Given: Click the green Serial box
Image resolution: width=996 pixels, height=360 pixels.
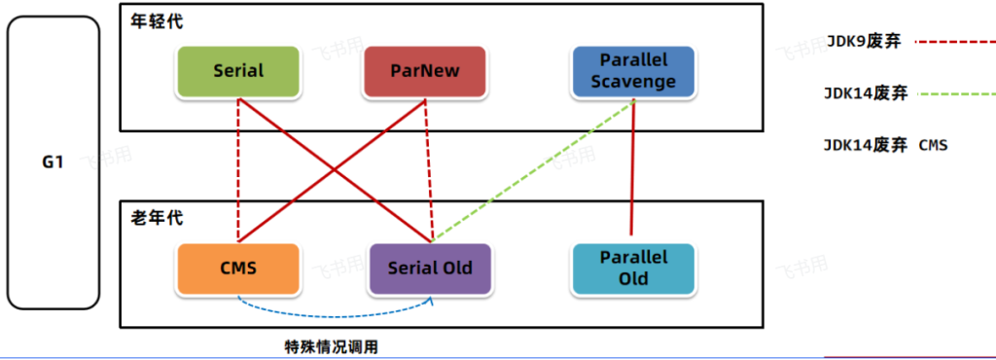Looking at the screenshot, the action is (x=238, y=71).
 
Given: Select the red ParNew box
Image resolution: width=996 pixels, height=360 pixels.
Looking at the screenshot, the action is (x=425, y=71).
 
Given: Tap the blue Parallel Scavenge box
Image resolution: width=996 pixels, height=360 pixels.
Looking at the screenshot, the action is (x=634, y=71).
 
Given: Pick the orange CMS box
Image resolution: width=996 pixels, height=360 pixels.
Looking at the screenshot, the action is (x=238, y=269).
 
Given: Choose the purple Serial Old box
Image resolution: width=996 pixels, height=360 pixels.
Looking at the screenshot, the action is (x=430, y=269).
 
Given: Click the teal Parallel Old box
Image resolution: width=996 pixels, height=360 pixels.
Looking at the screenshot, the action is (x=634, y=269).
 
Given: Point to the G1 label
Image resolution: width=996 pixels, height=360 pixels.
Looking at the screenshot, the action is (x=53, y=162).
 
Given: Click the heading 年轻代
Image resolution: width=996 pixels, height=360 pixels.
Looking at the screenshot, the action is (x=157, y=21).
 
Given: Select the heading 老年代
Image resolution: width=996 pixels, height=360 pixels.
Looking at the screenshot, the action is (x=157, y=218).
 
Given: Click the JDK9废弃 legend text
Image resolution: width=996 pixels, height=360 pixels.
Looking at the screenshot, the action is (x=864, y=42).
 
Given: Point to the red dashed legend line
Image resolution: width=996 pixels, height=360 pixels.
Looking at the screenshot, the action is (x=955, y=43).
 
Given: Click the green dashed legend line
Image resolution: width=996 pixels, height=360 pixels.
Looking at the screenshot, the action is (x=955, y=94).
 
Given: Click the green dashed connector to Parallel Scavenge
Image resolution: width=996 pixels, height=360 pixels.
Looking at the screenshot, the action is (x=534, y=170).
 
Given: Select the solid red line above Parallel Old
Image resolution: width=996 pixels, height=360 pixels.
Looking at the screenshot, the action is (x=632, y=167).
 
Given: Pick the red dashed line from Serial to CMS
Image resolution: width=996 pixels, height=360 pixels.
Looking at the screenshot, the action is (x=238, y=169).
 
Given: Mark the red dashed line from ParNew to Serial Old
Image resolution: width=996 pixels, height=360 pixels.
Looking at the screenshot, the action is (x=429, y=169).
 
